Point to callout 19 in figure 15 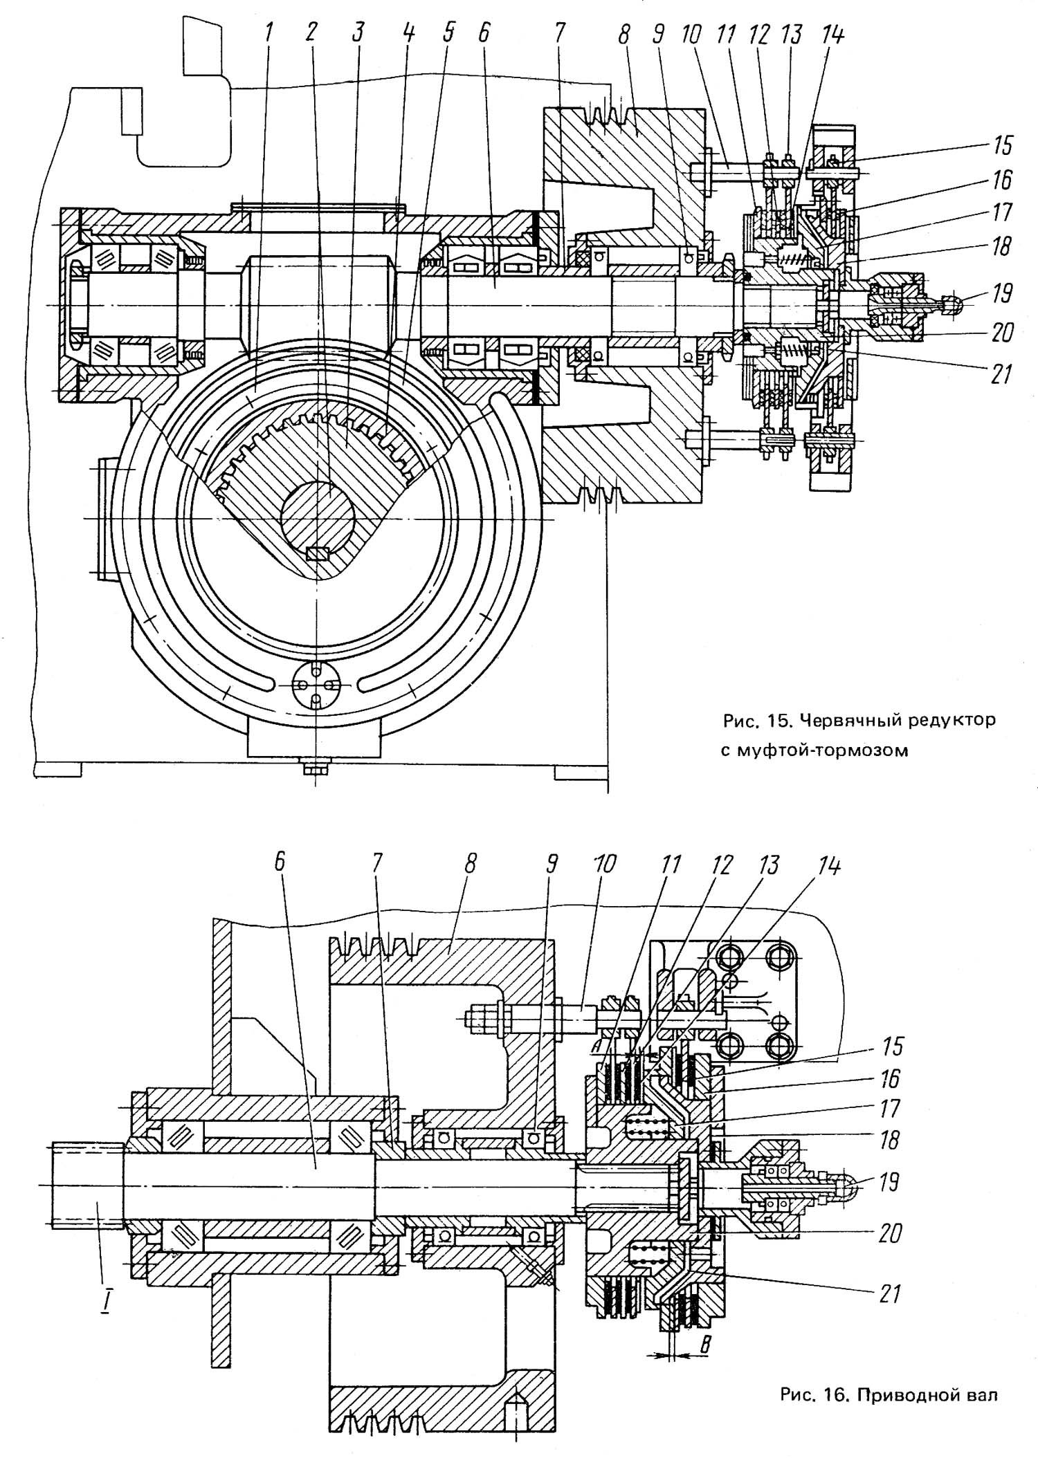pyautogui.click(x=1001, y=293)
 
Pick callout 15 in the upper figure pyautogui.click(x=1001, y=145)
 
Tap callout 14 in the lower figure pyautogui.click(x=832, y=866)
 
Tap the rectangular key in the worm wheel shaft pyautogui.click(x=318, y=553)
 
